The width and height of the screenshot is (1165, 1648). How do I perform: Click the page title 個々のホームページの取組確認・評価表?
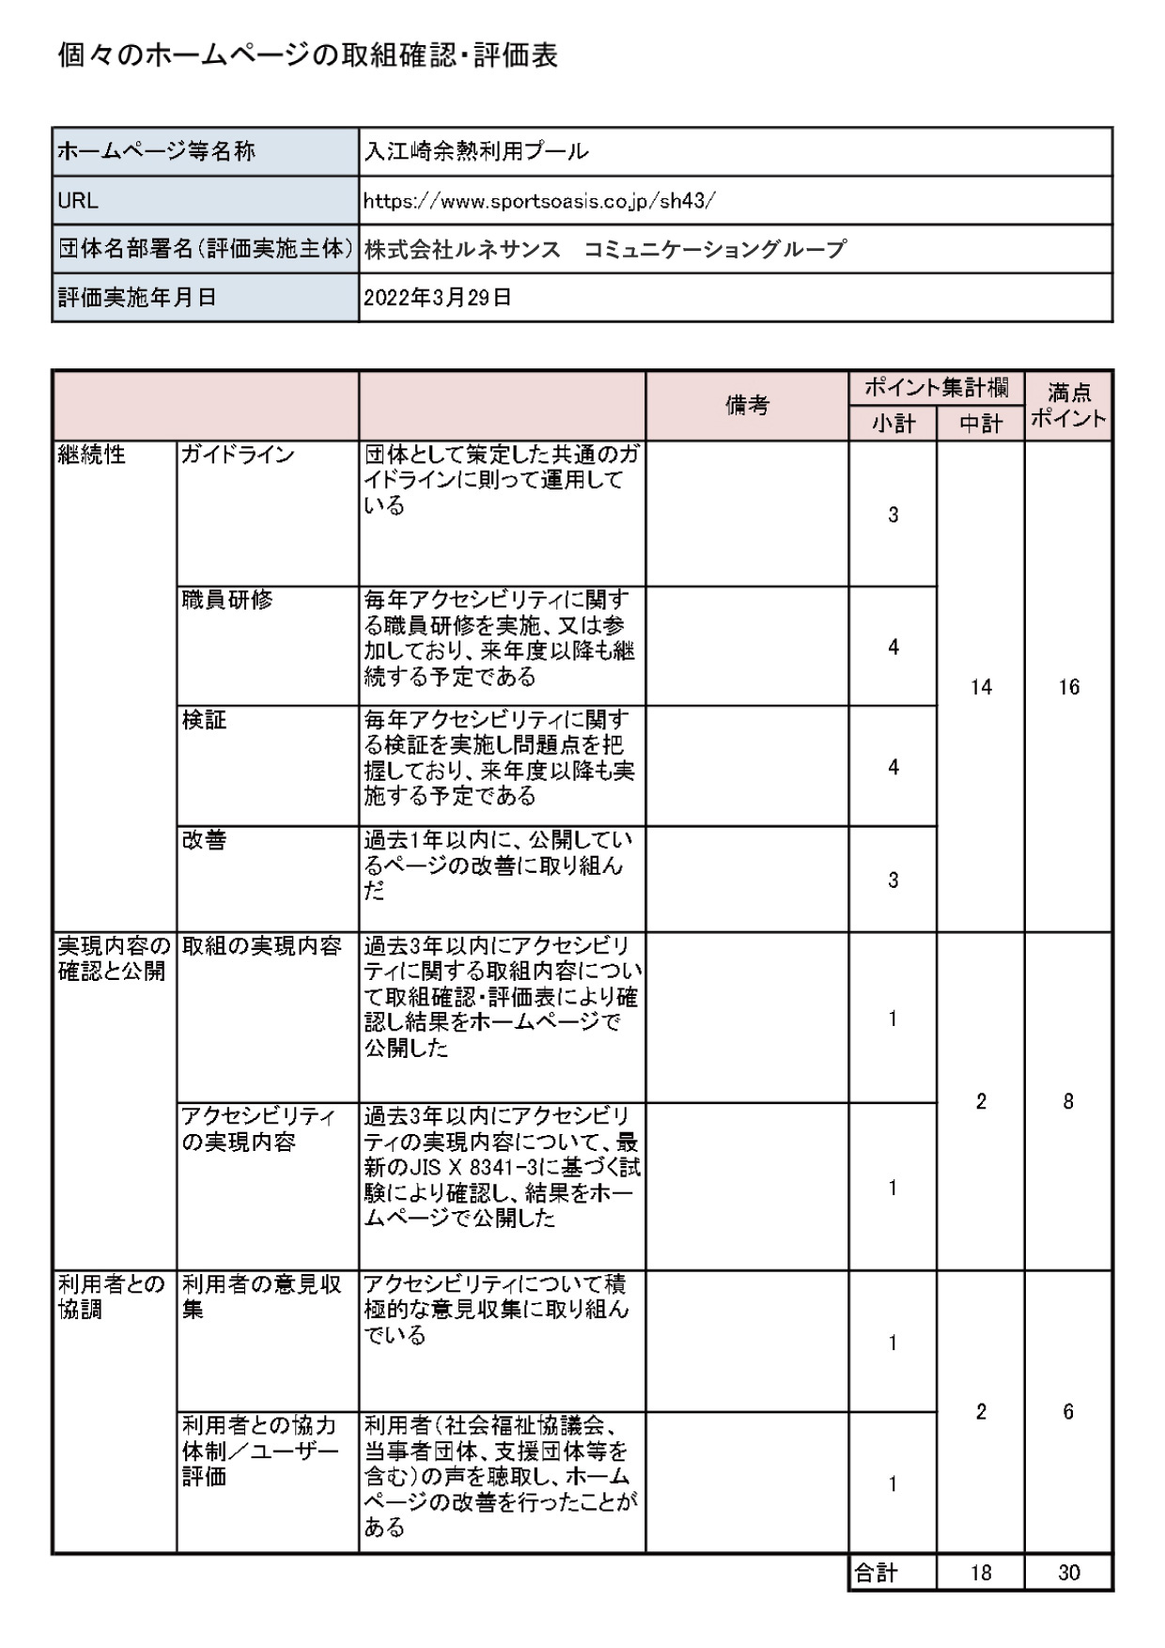(308, 56)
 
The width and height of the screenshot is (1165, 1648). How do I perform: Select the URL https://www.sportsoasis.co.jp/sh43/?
(539, 200)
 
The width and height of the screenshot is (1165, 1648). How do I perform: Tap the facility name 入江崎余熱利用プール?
(476, 151)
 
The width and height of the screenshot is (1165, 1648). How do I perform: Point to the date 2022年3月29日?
(437, 298)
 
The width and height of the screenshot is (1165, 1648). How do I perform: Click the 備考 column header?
(747, 405)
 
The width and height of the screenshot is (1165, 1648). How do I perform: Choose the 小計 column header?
(893, 424)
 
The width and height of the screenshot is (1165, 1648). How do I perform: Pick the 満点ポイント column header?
(1068, 405)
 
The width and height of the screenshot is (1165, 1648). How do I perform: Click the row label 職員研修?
(227, 599)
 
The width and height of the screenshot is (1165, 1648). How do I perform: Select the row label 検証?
(205, 720)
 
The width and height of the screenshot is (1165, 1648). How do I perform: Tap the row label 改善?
(205, 840)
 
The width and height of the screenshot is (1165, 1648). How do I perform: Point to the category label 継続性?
(91, 455)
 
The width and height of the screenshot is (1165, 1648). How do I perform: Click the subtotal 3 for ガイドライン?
(893, 515)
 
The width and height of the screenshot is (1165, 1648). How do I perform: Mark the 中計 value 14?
(981, 687)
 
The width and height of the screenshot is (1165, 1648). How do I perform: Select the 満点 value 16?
(1068, 687)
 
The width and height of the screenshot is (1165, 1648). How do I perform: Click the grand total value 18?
(981, 1573)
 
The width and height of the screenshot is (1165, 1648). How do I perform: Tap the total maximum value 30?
(1068, 1573)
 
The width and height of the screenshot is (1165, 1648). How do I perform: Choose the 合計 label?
(876, 1573)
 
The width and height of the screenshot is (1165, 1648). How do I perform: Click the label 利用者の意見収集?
(261, 1296)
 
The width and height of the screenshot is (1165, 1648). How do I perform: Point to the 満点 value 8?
(1068, 1101)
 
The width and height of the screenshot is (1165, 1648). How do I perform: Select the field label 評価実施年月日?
(137, 298)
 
